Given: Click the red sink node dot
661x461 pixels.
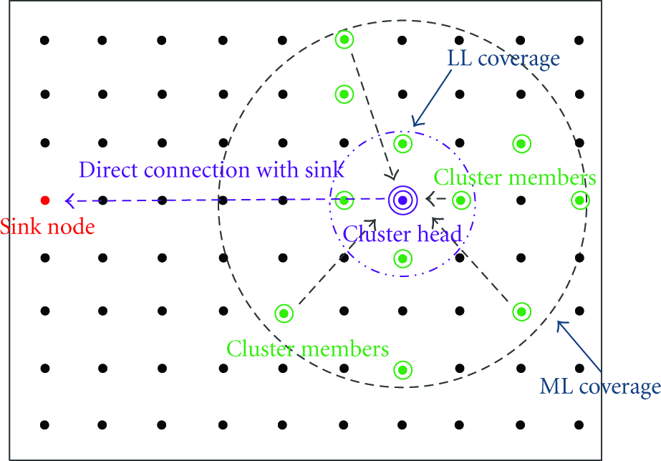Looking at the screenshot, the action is point(45,200).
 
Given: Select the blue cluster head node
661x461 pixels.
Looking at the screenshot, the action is point(402,200).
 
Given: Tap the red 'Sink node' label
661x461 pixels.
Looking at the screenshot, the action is point(47,227).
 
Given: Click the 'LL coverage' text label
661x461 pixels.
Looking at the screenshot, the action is point(503,59).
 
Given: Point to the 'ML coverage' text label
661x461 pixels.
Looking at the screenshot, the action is point(600,387).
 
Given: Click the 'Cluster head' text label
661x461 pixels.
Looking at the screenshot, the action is point(402,234).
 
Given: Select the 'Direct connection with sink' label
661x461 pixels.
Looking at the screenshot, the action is point(212,170).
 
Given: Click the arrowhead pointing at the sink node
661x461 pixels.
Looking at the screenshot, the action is point(69,200).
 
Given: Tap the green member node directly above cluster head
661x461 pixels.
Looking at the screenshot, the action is point(402,144).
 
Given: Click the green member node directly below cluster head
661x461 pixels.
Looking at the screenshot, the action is point(402,258).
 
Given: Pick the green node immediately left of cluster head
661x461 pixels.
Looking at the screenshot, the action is point(344,200).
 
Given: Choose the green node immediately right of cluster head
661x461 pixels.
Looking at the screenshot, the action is point(460,200).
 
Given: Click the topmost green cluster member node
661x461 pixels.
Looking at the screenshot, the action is point(344,39).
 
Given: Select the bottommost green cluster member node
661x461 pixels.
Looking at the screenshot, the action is point(402,370).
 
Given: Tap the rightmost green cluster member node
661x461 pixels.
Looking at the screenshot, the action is point(580,200).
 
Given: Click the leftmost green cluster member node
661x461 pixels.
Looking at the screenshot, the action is point(284,314).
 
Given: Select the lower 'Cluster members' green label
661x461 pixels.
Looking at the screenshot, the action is point(308,349).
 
